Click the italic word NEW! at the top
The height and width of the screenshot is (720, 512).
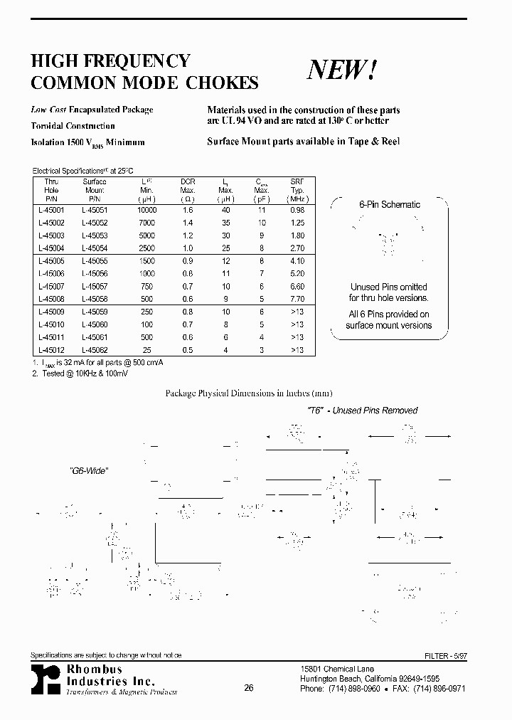[x=342, y=70]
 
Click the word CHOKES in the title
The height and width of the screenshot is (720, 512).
[x=222, y=83]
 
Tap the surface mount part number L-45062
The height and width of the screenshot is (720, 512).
[x=94, y=349]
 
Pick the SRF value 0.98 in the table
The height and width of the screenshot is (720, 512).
[x=297, y=211]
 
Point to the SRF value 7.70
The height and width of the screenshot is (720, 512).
[x=297, y=299]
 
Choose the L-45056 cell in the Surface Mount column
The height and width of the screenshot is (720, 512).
[x=94, y=273]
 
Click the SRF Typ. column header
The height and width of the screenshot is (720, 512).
[x=297, y=186]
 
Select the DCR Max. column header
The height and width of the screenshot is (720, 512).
[x=188, y=186]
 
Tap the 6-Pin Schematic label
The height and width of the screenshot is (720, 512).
[x=389, y=205]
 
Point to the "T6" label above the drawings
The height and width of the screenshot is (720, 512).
[x=315, y=411]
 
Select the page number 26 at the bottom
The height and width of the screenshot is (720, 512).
[x=248, y=688]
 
